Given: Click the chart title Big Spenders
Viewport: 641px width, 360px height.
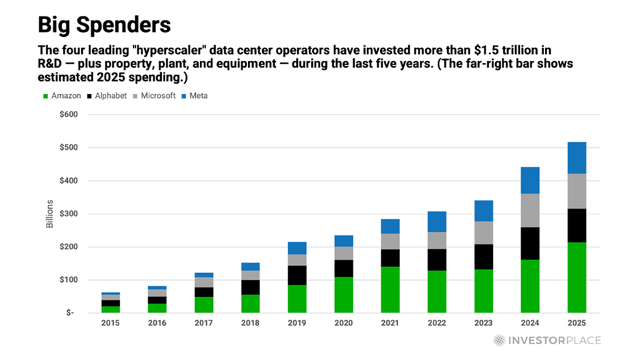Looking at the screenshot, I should click(x=103, y=25).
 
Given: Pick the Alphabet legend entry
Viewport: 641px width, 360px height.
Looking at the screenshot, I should click(x=108, y=96).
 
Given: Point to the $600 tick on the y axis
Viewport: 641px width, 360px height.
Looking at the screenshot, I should click(x=68, y=114).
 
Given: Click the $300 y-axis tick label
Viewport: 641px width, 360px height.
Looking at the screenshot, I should click(x=68, y=214).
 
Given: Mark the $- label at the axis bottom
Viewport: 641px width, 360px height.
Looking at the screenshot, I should click(x=71, y=313).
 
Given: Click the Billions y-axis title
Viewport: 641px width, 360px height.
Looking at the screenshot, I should click(x=50, y=214).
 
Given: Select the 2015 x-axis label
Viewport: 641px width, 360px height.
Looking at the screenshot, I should click(x=111, y=322).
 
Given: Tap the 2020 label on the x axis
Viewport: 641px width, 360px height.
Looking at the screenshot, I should click(x=344, y=322).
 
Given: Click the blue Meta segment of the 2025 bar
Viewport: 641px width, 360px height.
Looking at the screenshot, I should click(x=577, y=157).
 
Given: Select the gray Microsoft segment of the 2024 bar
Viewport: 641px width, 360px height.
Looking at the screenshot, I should click(x=530, y=210).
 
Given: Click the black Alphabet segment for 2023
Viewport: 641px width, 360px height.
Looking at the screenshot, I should click(x=483, y=257).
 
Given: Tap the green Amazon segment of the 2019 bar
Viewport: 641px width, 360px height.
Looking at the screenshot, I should click(x=297, y=298).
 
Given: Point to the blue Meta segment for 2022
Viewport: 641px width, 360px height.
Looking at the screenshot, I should click(x=437, y=222).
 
